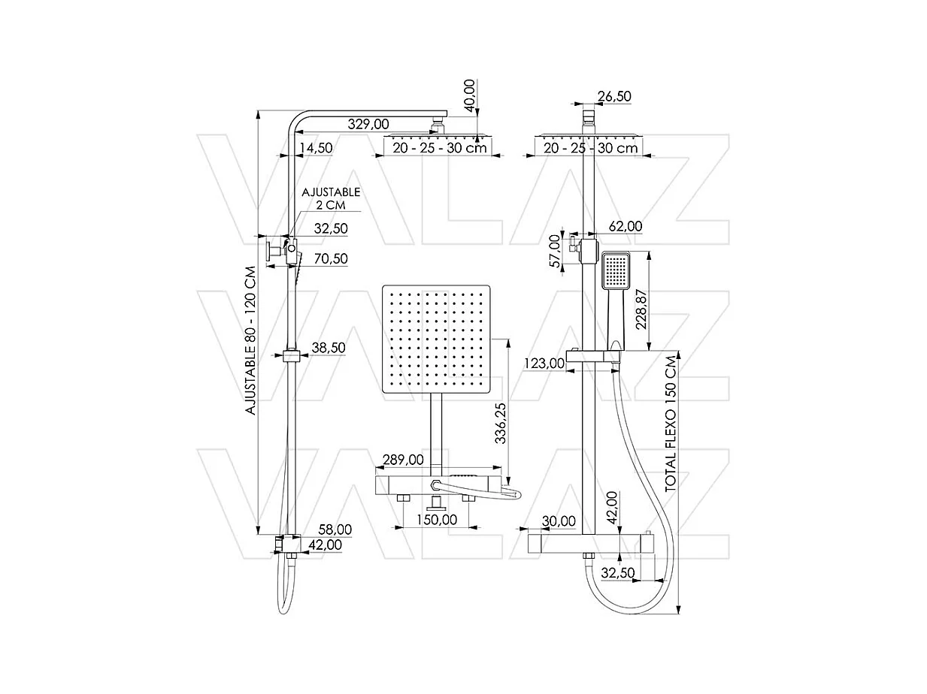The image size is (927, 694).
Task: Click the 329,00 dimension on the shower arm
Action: click(x=368, y=124)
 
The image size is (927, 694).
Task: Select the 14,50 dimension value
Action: click(x=316, y=148)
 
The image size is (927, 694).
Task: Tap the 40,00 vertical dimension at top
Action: click(x=469, y=96)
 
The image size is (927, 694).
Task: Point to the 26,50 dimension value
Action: click(x=614, y=96)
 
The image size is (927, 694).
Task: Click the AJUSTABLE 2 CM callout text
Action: click(x=331, y=199)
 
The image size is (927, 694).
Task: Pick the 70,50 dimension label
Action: click(x=331, y=258)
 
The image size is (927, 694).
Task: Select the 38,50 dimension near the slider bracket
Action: click(x=329, y=348)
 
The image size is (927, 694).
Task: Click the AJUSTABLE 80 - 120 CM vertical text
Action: click(x=250, y=340)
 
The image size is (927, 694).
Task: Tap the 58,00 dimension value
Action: click(x=335, y=530)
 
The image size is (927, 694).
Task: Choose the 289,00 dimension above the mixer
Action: click(x=403, y=460)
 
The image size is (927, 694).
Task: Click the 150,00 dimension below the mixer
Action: click(x=437, y=520)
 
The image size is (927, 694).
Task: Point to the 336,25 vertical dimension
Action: click(x=501, y=423)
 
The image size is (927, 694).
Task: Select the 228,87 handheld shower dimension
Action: click(x=641, y=309)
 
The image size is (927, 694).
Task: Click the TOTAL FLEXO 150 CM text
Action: click(x=671, y=424)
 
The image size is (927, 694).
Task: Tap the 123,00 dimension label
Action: click(x=544, y=364)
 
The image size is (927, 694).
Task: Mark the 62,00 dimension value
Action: click(x=626, y=227)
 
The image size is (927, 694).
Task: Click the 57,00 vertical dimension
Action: click(x=556, y=251)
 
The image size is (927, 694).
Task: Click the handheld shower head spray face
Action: click(x=616, y=270)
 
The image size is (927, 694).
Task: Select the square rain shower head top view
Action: click(x=436, y=339)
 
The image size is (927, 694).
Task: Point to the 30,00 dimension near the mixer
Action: click(x=559, y=521)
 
